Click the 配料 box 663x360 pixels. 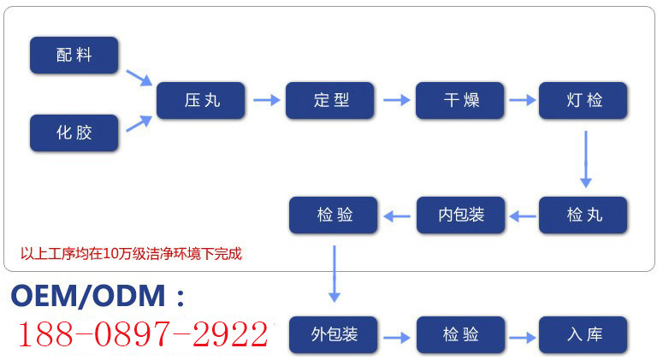(74, 56)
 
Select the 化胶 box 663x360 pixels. (74, 133)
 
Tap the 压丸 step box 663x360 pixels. (201, 100)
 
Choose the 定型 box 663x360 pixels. (330, 100)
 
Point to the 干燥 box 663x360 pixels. (460, 100)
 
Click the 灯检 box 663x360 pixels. (583, 100)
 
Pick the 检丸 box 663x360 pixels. (583, 215)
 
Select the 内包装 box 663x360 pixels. (460, 215)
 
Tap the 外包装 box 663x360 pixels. (333, 334)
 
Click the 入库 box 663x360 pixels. (583, 334)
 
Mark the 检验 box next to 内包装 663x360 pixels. (334, 215)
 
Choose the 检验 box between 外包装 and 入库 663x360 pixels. (460, 334)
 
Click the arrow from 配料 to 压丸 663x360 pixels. (139, 77)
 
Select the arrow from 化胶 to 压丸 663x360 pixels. (139, 123)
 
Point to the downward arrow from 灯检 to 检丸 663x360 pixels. (585, 159)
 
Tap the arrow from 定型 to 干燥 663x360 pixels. (396, 100)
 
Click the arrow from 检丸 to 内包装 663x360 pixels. (522, 215)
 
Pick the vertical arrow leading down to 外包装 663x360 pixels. (334, 272)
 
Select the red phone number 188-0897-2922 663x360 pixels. (142, 334)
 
